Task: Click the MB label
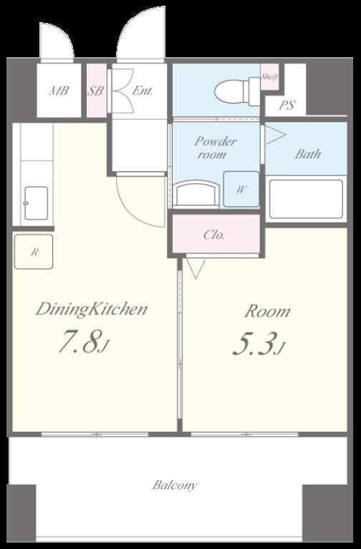[x=59, y=91]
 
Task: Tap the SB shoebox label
[x=95, y=91]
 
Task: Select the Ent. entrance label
[x=143, y=91]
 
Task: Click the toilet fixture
[x=237, y=91]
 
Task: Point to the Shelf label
[x=269, y=77]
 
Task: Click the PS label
[x=287, y=105]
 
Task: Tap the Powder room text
[x=216, y=148]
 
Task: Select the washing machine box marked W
[x=241, y=189]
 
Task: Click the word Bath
[x=308, y=154]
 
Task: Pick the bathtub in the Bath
[x=306, y=199]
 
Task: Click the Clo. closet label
[x=214, y=234]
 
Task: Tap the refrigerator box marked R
[x=34, y=252]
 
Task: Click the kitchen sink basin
[x=36, y=203]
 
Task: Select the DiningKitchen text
[x=91, y=310]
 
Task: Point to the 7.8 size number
[x=80, y=341]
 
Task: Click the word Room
[x=267, y=311]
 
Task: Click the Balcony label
[x=175, y=485]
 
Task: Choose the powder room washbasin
[x=196, y=194]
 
